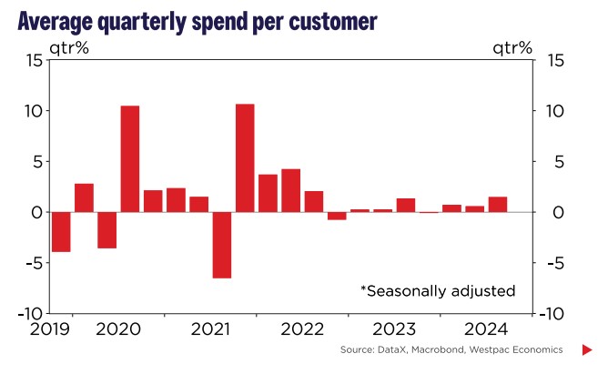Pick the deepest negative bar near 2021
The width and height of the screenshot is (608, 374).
(x=222, y=245)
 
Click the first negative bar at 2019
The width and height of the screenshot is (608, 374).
(x=61, y=231)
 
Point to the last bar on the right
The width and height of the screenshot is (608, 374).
(x=498, y=204)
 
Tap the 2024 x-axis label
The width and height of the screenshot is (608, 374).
(x=486, y=329)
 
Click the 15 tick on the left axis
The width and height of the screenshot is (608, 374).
(x=33, y=61)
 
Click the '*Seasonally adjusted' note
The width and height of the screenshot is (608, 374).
(x=439, y=291)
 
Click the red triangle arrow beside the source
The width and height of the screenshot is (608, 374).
(x=587, y=350)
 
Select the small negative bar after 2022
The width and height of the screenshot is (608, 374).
(x=337, y=216)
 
